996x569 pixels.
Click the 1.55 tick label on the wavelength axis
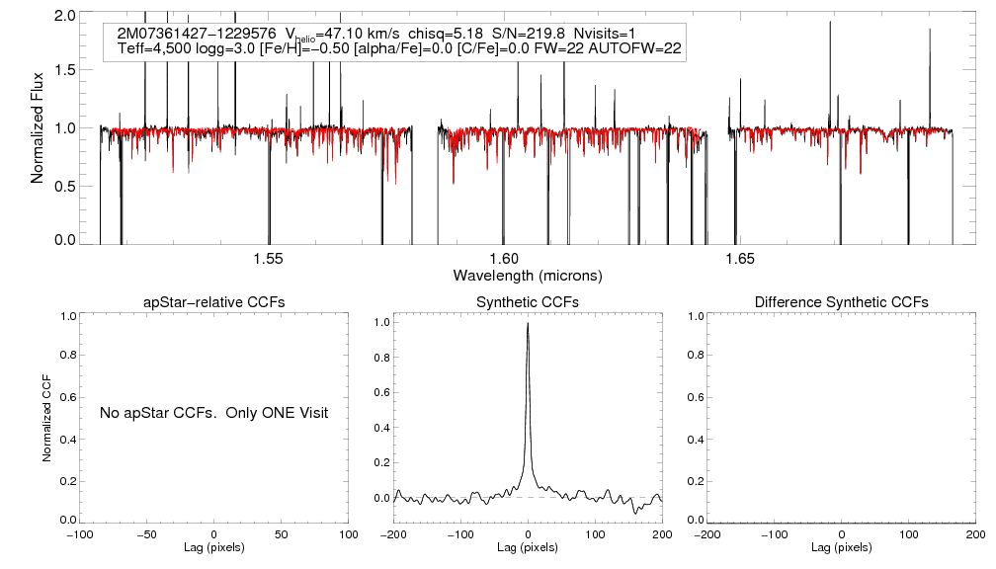269,259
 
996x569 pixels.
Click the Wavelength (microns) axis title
527,275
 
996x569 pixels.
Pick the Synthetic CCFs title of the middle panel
528,302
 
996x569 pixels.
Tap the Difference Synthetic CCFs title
841,302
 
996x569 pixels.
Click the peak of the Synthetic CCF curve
529,323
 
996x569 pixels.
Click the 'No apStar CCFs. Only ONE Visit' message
213,412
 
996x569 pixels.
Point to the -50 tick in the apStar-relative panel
147,534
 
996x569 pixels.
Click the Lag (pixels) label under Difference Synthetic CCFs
841,547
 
